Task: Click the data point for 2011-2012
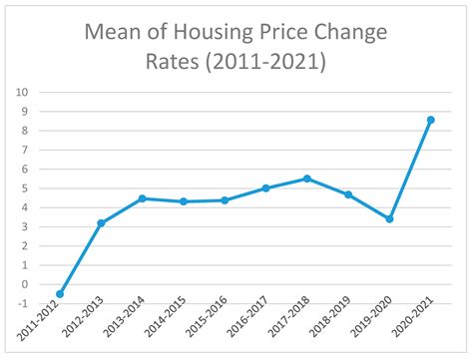[x=60, y=294]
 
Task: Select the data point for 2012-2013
[x=101, y=222]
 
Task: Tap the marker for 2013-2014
[x=143, y=198]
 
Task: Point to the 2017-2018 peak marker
[x=306, y=179]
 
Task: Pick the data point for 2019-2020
[x=388, y=218]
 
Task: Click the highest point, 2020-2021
[x=430, y=120]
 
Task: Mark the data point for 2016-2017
[x=265, y=187]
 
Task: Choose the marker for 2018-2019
[x=347, y=194]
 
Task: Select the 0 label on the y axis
[x=22, y=284]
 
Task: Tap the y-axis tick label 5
[x=22, y=187]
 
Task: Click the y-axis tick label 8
[x=22, y=130]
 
